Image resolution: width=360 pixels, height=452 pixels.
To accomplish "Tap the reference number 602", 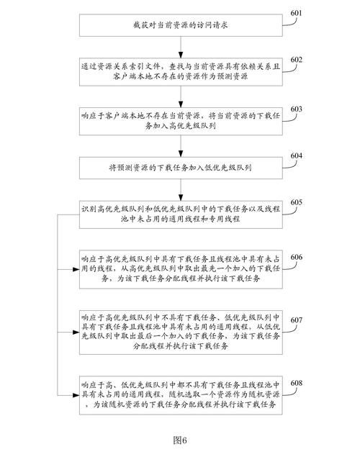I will click(296, 59).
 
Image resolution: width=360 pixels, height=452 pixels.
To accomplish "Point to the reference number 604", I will click(296, 155).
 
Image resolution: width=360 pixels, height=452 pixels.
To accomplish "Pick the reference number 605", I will click(296, 202).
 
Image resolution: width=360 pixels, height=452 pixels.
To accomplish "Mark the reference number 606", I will click(296, 257).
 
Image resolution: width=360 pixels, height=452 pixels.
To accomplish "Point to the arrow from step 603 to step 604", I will click(179, 143).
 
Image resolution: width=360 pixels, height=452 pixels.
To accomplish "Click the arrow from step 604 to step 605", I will click(179, 189).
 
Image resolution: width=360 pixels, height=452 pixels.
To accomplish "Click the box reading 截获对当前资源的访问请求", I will click(179, 24).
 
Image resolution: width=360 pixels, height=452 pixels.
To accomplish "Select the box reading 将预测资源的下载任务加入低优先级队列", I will click(179, 168).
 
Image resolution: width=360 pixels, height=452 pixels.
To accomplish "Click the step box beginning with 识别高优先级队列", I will click(179, 214).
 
